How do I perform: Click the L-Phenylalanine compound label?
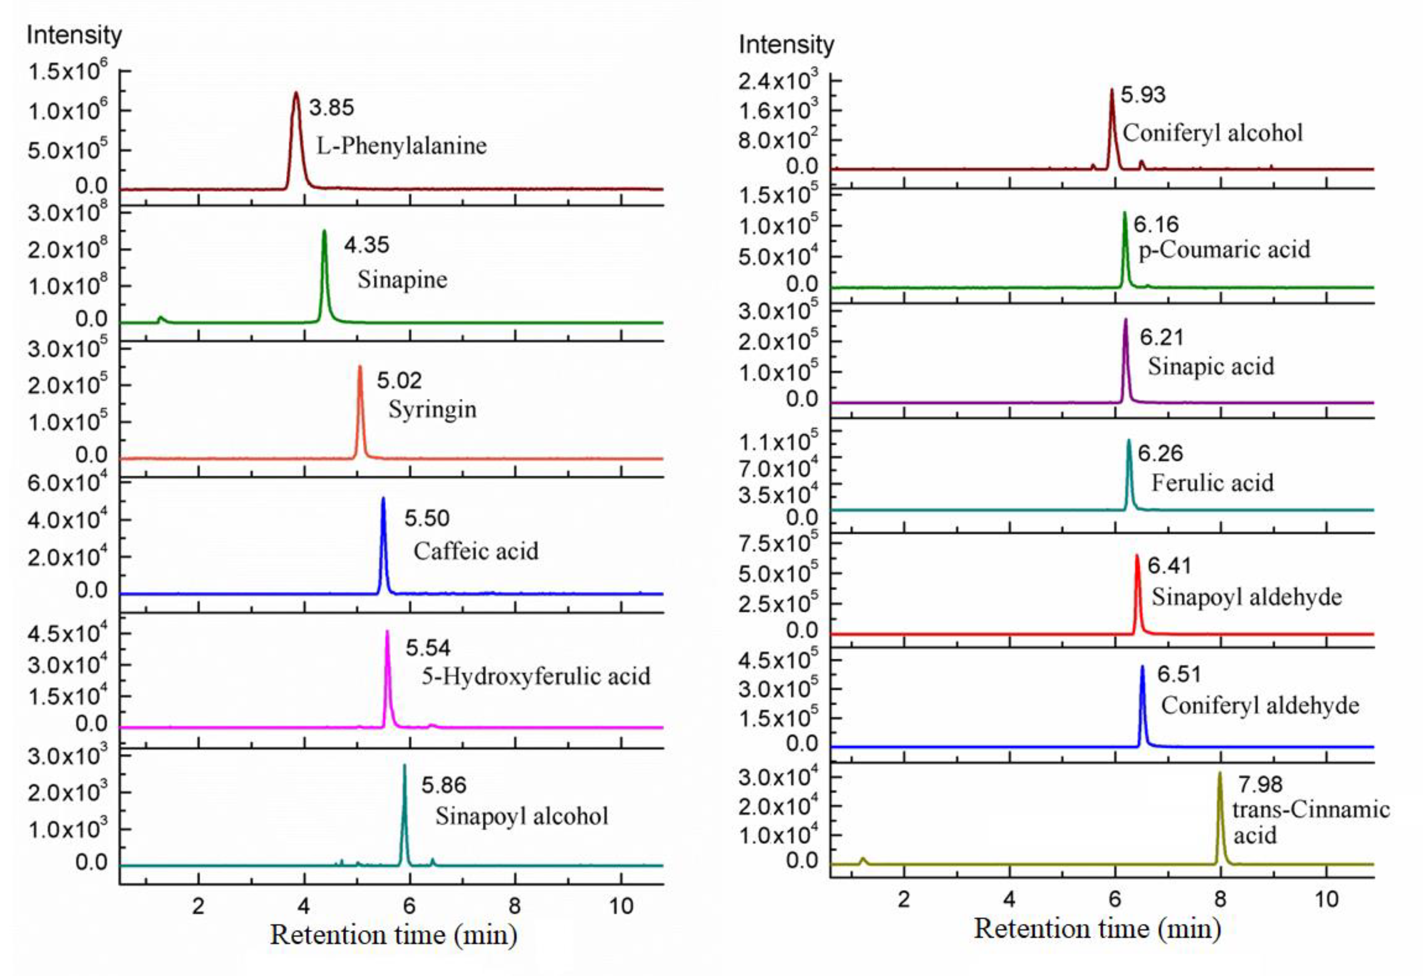click(x=401, y=146)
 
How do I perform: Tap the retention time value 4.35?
click(x=366, y=245)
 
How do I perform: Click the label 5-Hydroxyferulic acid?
click(x=536, y=677)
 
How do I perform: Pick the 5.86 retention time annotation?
click(x=443, y=785)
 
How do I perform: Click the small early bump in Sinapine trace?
click(x=161, y=318)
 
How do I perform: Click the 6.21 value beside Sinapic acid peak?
click(x=1161, y=337)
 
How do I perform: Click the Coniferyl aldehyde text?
click(x=1260, y=705)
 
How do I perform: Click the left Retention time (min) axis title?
click(x=393, y=935)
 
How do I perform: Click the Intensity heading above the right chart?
click(x=786, y=45)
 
